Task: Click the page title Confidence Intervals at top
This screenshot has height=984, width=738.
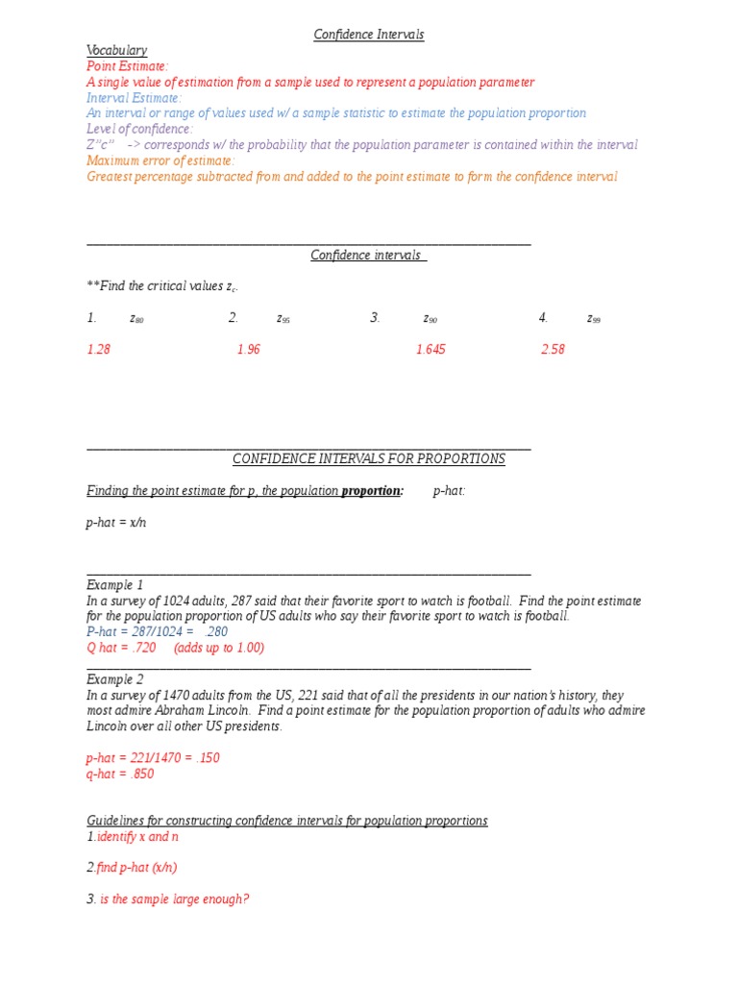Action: [x=369, y=35]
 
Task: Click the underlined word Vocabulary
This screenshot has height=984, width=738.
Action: [x=116, y=50]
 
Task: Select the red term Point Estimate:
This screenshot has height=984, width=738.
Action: [x=128, y=66]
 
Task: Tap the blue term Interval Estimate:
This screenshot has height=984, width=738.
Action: [x=134, y=98]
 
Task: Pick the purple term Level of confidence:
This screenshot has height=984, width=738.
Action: [x=139, y=129]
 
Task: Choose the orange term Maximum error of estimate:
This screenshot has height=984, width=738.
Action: [x=160, y=160]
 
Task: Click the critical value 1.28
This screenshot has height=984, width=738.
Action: [x=98, y=350]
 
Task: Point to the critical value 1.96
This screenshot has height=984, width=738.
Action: [x=248, y=350]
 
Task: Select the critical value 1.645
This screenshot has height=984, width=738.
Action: [x=430, y=350]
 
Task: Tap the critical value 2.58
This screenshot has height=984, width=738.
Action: [x=553, y=350]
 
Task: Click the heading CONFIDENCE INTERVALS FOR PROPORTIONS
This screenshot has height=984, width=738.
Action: [x=368, y=459]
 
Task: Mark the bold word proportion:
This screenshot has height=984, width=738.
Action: [x=373, y=491]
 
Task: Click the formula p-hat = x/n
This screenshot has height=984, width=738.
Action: [x=116, y=523]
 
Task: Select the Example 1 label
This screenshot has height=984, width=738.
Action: [x=114, y=584]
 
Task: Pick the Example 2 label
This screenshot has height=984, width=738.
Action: [x=114, y=679]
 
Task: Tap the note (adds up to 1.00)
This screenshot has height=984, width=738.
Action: [x=218, y=648]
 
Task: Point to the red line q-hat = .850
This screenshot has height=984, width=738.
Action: [x=120, y=774]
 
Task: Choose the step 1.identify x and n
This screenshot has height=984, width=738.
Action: [x=133, y=837]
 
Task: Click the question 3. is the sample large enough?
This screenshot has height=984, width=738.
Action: [x=168, y=899]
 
